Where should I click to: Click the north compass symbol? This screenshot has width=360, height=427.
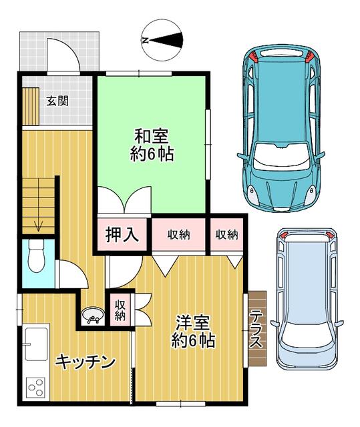click(x=162, y=39)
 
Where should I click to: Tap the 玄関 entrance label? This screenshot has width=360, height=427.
click(x=56, y=101)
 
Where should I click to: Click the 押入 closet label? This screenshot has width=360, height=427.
click(x=122, y=234)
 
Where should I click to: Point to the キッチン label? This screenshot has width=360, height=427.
click(x=85, y=362)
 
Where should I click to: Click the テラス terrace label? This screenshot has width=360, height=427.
click(x=256, y=329)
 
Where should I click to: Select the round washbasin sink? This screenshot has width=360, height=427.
click(x=92, y=316)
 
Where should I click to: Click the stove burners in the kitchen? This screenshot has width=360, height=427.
click(x=35, y=386)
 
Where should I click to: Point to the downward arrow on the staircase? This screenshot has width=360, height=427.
click(x=39, y=224)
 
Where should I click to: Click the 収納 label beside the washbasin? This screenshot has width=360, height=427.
click(x=120, y=310)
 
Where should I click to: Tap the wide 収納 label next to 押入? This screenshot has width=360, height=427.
click(x=178, y=234)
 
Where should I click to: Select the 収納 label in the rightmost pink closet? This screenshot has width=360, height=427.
click(x=226, y=234)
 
